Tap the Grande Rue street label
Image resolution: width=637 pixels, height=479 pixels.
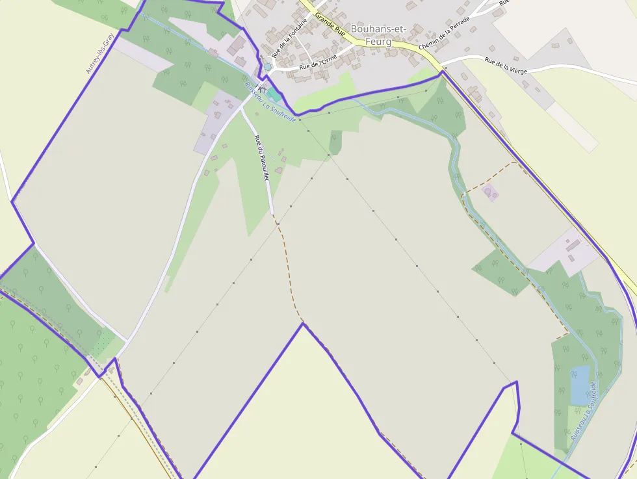pyautogui.click(x=330, y=24)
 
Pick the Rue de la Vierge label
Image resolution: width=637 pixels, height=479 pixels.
pyautogui.click(x=506, y=66)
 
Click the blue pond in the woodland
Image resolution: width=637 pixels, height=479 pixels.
pyautogui.click(x=580, y=384)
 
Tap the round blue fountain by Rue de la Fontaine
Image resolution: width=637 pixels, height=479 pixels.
pyautogui.click(x=267, y=66)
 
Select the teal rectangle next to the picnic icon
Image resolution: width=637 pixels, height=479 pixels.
pyautogui.click(x=274, y=94)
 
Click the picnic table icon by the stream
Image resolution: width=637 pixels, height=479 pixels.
pyautogui.click(x=261, y=87)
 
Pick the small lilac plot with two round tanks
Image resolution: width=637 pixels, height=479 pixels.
pyautogui.click(x=490, y=192)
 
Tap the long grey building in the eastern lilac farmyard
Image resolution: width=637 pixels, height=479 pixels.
pyautogui.click(x=573, y=245)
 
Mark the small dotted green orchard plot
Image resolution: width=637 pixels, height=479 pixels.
pyautogui.click(x=103, y=344)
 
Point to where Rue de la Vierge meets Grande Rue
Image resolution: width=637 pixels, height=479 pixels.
pyautogui.click(x=442, y=66)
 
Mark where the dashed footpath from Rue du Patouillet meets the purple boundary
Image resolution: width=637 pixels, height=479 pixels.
pyautogui.click(x=302, y=323)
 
